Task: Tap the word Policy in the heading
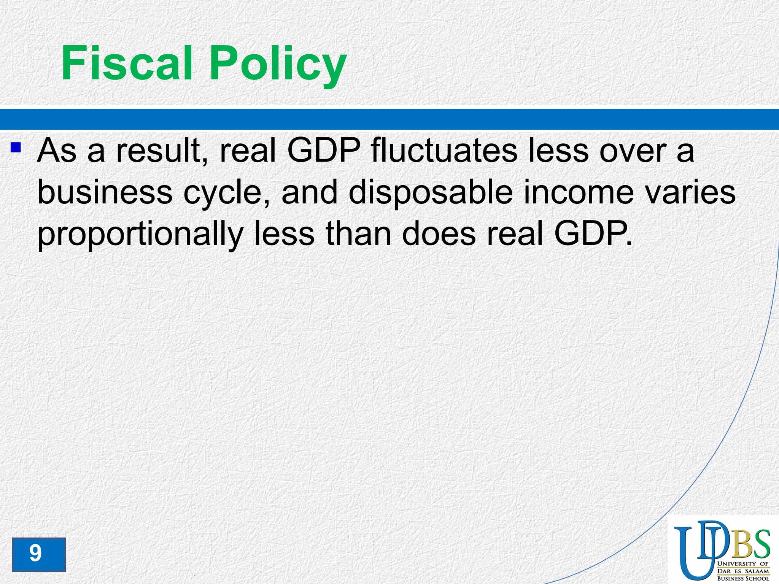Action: (278, 65)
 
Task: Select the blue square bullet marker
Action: (16, 147)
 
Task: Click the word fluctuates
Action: (444, 151)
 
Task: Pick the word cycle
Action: (227, 193)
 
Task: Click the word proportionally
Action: (140, 235)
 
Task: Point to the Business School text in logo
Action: (742, 579)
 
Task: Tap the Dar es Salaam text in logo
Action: (742, 571)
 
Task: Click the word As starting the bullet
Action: (57, 151)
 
